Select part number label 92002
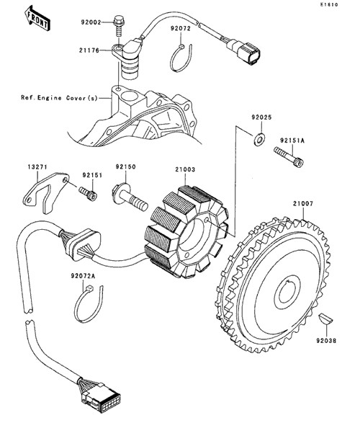(91, 22)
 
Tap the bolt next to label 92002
(118, 26)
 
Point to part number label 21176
(89, 50)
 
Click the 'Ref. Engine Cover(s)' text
(59, 98)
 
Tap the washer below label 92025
(259, 139)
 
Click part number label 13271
(37, 167)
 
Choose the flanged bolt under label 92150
(130, 197)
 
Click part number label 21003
(185, 169)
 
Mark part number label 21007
(303, 203)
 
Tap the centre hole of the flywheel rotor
(287, 293)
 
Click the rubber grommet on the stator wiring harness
(83, 245)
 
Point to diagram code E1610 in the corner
(328, 4)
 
